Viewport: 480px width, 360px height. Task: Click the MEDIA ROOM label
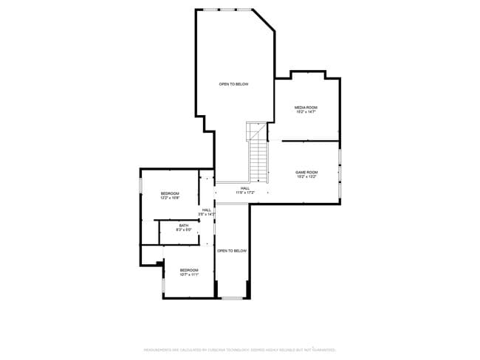pos(306,107)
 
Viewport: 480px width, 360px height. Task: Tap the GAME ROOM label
pos(306,172)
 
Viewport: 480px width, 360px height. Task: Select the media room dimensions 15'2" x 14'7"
pos(306,112)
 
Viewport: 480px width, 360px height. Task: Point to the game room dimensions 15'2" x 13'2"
pos(306,177)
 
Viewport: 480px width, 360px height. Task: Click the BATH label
pos(183,226)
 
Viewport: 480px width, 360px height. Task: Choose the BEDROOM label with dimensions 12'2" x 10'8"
pos(171,193)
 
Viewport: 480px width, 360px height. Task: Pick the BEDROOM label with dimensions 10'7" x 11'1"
pos(189,270)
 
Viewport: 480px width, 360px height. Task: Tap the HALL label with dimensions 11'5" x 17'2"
pos(244,188)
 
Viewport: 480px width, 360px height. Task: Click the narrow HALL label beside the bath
pos(207,210)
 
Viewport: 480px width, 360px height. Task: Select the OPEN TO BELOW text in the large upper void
pos(233,84)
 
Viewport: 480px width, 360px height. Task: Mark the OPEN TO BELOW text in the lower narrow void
pos(232,251)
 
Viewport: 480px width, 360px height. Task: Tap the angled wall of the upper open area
pos(264,21)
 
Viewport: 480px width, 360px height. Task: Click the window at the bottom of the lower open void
pos(232,297)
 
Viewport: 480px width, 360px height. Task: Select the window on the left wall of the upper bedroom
pos(141,184)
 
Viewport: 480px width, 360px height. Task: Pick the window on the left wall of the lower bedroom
pos(163,284)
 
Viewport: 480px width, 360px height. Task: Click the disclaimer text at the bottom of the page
pos(239,349)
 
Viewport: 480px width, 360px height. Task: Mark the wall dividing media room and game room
pos(310,140)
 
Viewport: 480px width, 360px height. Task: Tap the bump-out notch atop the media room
pos(308,73)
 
